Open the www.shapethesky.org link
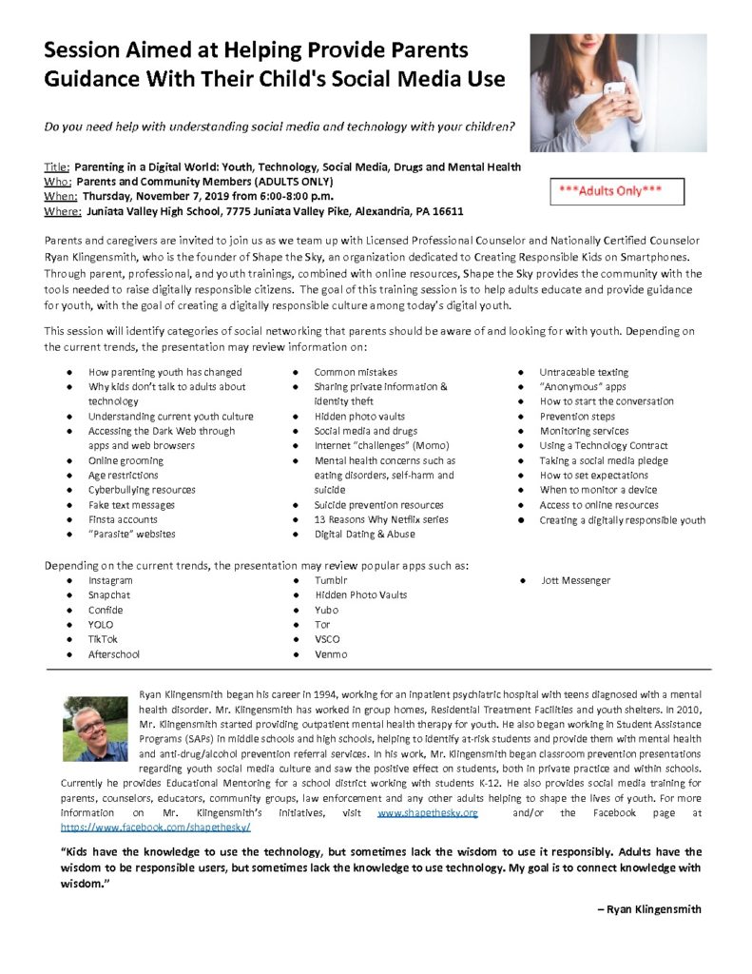tap(428, 814)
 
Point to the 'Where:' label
tap(62, 210)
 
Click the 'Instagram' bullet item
tap(110, 580)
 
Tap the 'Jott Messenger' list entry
tap(575, 580)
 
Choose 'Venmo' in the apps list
tap(330, 654)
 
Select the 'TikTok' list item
tap(103, 640)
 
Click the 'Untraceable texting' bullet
tap(584, 372)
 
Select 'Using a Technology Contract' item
tap(603, 446)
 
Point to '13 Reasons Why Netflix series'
tap(380, 519)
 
